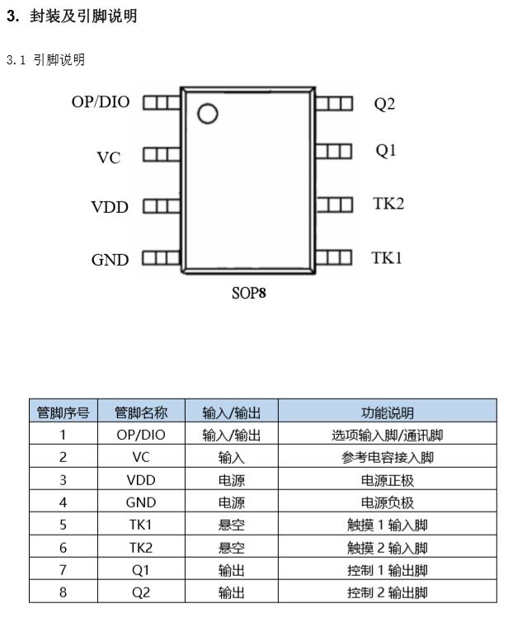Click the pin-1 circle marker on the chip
pyautogui.click(x=207, y=114)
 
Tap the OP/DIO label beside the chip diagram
pyautogui.click(x=101, y=102)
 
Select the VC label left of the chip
pyautogui.click(x=109, y=158)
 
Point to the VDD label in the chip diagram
pyautogui.click(x=110, y=207)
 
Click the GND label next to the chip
pyautogui.click(x=111, y=260)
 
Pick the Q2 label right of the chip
pyautogui.click(x=384, y=104)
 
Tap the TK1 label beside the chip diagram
pyautogui.click(x=387, y=257)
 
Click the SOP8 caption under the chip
pyautogui.click(x=248, y=293)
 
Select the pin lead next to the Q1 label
pyautogui.click(x=334, y=151)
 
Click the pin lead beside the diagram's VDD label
pyautogui.click(x=162, y=206)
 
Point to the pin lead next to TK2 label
pyautogui.click(x=334, y=205)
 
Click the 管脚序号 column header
pyautogui.click(x=63, y=413)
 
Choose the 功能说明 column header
pyautogui.click(x=388, y=413)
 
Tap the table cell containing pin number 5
pyautogui.click(x=63, y=525)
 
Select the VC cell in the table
pyautogui.click(x=141, y=457)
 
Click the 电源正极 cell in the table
pyautogui.click(x=388, y=480)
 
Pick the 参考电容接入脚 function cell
pyautogui.click(x=388, y=457)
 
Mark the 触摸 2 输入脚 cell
pyautogui.click(x=388, y=547)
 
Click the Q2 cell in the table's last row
pyautogui.click(x=141, y=592)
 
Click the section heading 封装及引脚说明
pyautogui.click(x=83, y=17)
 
